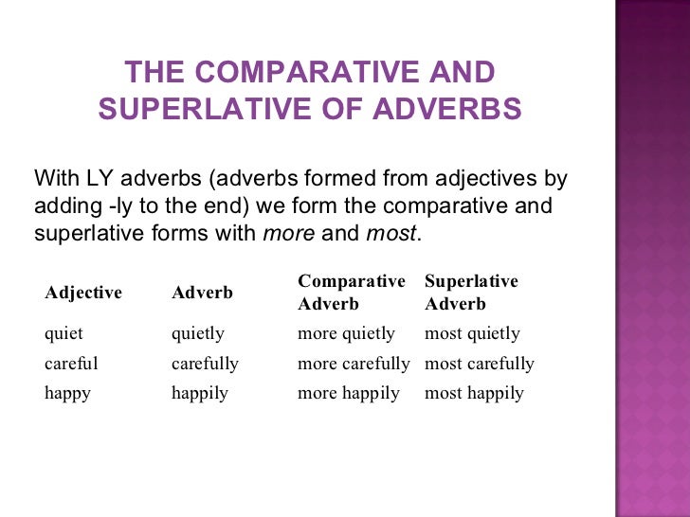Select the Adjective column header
[83, 293]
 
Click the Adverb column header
[202, 293]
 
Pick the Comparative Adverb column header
[351, 293]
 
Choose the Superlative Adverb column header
[471, 293]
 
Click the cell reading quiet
[64, 333]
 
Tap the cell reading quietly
[198, 333]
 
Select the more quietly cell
[346, 333]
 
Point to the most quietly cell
[472, 333]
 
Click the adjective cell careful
[71, 364]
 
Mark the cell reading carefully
[205, 364]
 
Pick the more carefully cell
[354, 364]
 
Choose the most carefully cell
[480, 364]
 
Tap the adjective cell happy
[67, 393]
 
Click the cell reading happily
[200, 393]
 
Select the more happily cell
[349, 393]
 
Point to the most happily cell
[474, 393]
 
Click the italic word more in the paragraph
[288, 233]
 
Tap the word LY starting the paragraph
[100, 178]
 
